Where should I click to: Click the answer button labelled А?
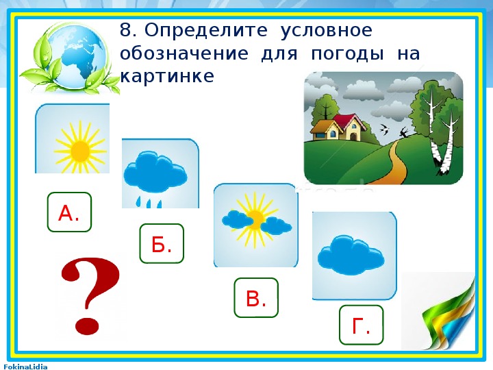pos(69,212)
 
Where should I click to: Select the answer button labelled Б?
pos(162,243)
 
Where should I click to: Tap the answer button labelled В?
pos(256,297)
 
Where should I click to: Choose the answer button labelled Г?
pos(362,325)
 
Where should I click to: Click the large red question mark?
pos(90,296)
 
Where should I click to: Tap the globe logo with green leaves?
pos(70,58)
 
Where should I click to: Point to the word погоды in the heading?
pos(347,53)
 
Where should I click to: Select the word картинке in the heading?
pos(167,76)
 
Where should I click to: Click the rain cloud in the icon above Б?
pos(155,177)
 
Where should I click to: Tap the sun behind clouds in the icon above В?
pos(256,220)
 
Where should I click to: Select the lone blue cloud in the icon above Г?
pos(351,256)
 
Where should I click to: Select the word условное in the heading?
pos(326,32)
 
